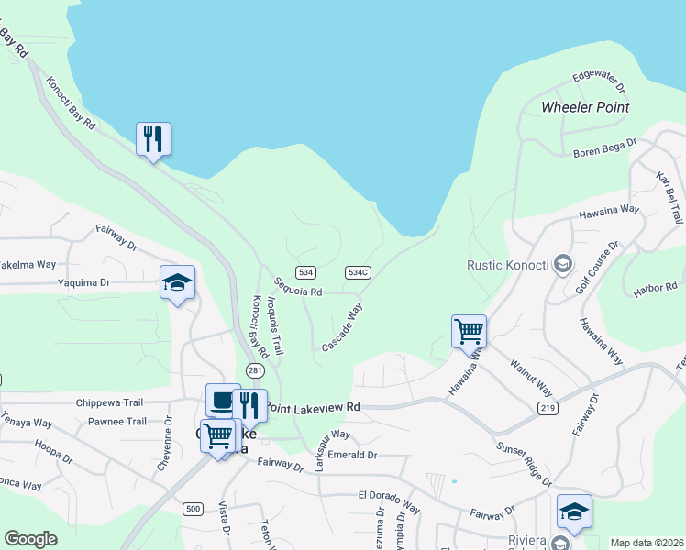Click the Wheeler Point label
click(585, 107)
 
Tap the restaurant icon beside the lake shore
click(154, 140)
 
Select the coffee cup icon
click(222, 400)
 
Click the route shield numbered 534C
click(358, 272)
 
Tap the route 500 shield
click(192, 509)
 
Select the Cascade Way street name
click(339, 326)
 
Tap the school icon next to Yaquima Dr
click(177, 283)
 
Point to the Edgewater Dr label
click(598, 83)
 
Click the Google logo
click(30, 539)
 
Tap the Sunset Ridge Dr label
click(525, 464)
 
